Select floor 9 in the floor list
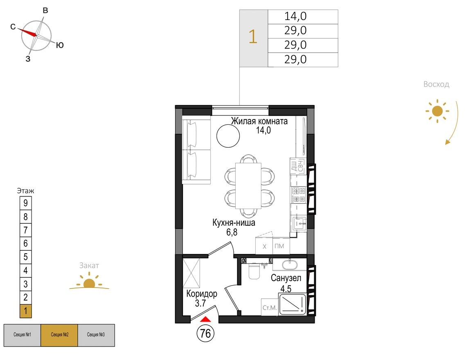pyautogui.click(x=25, y=203)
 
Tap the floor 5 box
pyautogui.click(x=25, y=257)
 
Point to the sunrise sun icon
pyautogui.click(x=437, y=111)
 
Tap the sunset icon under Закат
pyautogui.click(x=89, y=283)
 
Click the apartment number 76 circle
pyautogui.click(x=206, y=333)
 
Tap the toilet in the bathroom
pyautogui.click(x=253, y=272)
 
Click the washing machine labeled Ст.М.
pyautogui.click(x=269, y=307)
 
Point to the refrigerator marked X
pyautogui.click(x=265, y=246)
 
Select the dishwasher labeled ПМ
pyautogui.click(x=279, y=246)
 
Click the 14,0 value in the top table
pyautogui.click(x=295, y=17)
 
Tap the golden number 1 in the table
pyautogui.click(x=253, y=38)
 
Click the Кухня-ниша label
pyautogui.click(x=234, y=223)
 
